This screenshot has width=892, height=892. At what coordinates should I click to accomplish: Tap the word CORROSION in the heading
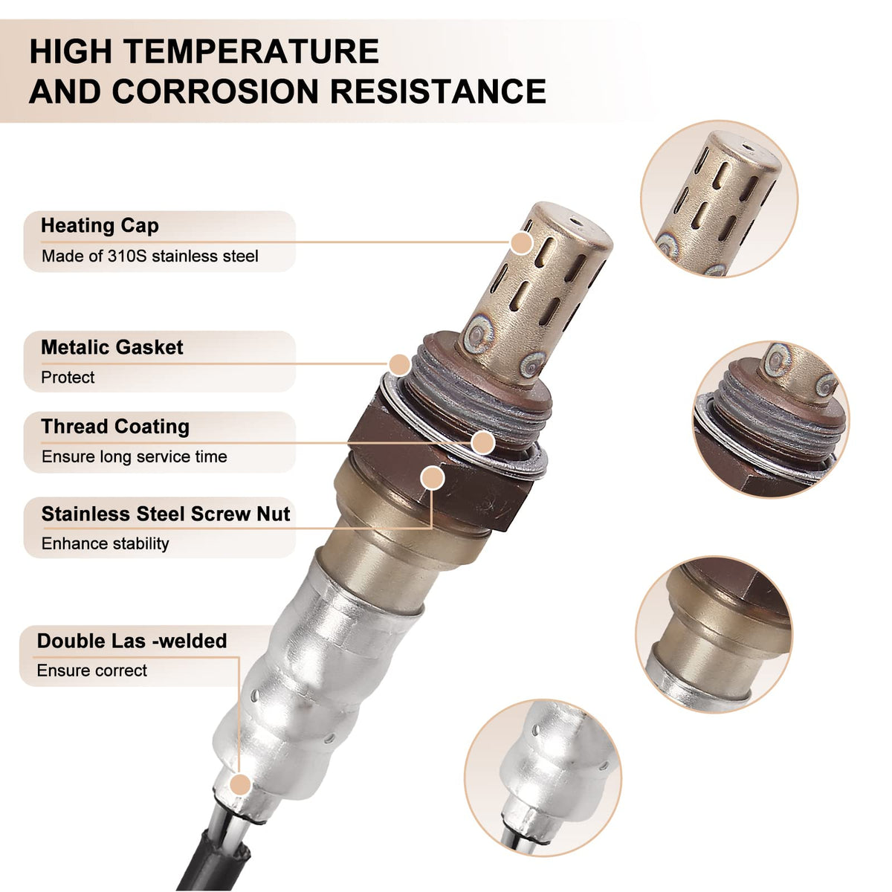click(x=216, y=91)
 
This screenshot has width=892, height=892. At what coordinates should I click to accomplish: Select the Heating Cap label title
click(x=100, y=226)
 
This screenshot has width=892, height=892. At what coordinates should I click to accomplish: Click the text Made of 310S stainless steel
click(x=150, y=256)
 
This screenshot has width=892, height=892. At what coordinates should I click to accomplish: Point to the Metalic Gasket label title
click(x=112, y=347)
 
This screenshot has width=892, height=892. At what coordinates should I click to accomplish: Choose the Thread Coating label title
click(x=115, y=427)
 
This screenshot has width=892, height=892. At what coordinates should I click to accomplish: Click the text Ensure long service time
click(x=135, y=457)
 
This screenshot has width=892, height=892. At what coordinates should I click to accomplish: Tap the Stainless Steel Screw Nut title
click(x=166, y=514)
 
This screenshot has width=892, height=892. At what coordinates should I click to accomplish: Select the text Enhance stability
click(x=105, y=543)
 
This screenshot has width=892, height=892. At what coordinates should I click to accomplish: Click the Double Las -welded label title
click(x=132, y=641)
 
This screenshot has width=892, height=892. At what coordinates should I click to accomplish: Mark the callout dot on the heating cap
click(x=522, y=242)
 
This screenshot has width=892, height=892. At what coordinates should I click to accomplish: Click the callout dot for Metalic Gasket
click(x=399, y=365)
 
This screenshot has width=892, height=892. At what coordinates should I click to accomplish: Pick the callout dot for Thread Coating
click(x=483, y=442)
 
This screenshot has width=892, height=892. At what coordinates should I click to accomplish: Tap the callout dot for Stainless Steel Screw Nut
click(x=433, y=478)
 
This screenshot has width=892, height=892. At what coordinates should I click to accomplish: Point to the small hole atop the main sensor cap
click(x=576, y=222)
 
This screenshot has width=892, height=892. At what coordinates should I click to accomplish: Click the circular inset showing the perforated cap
click(x=720, y=199)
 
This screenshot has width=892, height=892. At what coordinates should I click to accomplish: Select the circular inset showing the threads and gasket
click(x=771, y=420)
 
